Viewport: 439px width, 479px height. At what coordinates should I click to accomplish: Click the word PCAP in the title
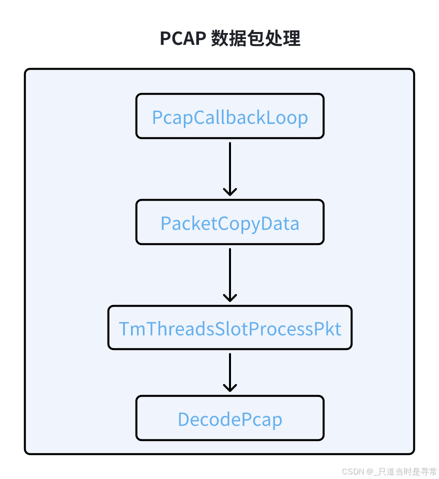pos(182,38)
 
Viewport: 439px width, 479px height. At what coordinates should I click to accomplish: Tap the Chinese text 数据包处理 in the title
pos(255,38)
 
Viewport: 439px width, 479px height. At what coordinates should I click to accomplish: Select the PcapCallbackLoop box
pos(230,116)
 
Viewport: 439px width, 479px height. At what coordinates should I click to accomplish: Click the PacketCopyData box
pos(230,222)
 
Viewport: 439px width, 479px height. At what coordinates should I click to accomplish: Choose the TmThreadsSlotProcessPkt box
pos(230,328)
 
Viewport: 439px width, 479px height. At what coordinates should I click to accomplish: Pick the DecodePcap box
pos(230,418)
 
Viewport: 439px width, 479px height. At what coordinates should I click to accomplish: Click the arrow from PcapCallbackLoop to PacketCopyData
pos(230,167)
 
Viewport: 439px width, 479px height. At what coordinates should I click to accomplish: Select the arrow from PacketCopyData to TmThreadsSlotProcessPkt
pos(230,273)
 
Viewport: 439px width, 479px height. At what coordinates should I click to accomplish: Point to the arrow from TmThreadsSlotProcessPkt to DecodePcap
pos(230,371)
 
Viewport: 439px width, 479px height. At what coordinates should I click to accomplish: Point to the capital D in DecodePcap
pos(184,419)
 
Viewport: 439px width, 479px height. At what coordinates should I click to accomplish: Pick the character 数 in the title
pos(219,38)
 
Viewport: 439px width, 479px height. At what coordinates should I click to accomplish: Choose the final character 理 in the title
pos(292,38)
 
